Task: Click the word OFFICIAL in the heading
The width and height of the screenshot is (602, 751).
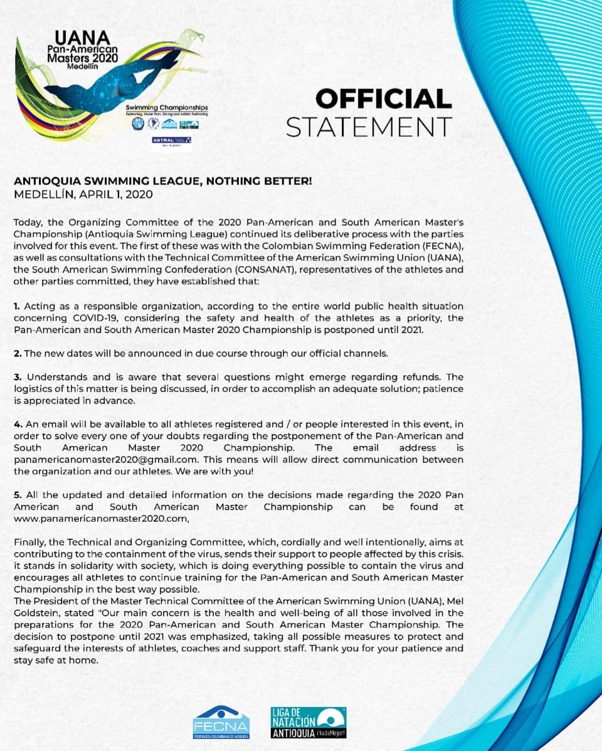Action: pos(383,99)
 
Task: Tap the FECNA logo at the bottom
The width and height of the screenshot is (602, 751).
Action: pos(221,723)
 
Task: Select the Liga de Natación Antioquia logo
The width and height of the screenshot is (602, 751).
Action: pos(308,722)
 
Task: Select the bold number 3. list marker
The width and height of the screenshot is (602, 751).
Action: pos(18,376)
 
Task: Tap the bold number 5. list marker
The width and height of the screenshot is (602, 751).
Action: pos(18,495)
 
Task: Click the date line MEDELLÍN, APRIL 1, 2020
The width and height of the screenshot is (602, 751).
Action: pos(83,194)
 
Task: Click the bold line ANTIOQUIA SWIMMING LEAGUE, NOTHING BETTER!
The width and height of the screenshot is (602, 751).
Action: pos(163,182)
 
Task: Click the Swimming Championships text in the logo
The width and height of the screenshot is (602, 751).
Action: pos(167,108)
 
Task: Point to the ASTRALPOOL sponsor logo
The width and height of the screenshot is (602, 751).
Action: pos(171,141)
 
